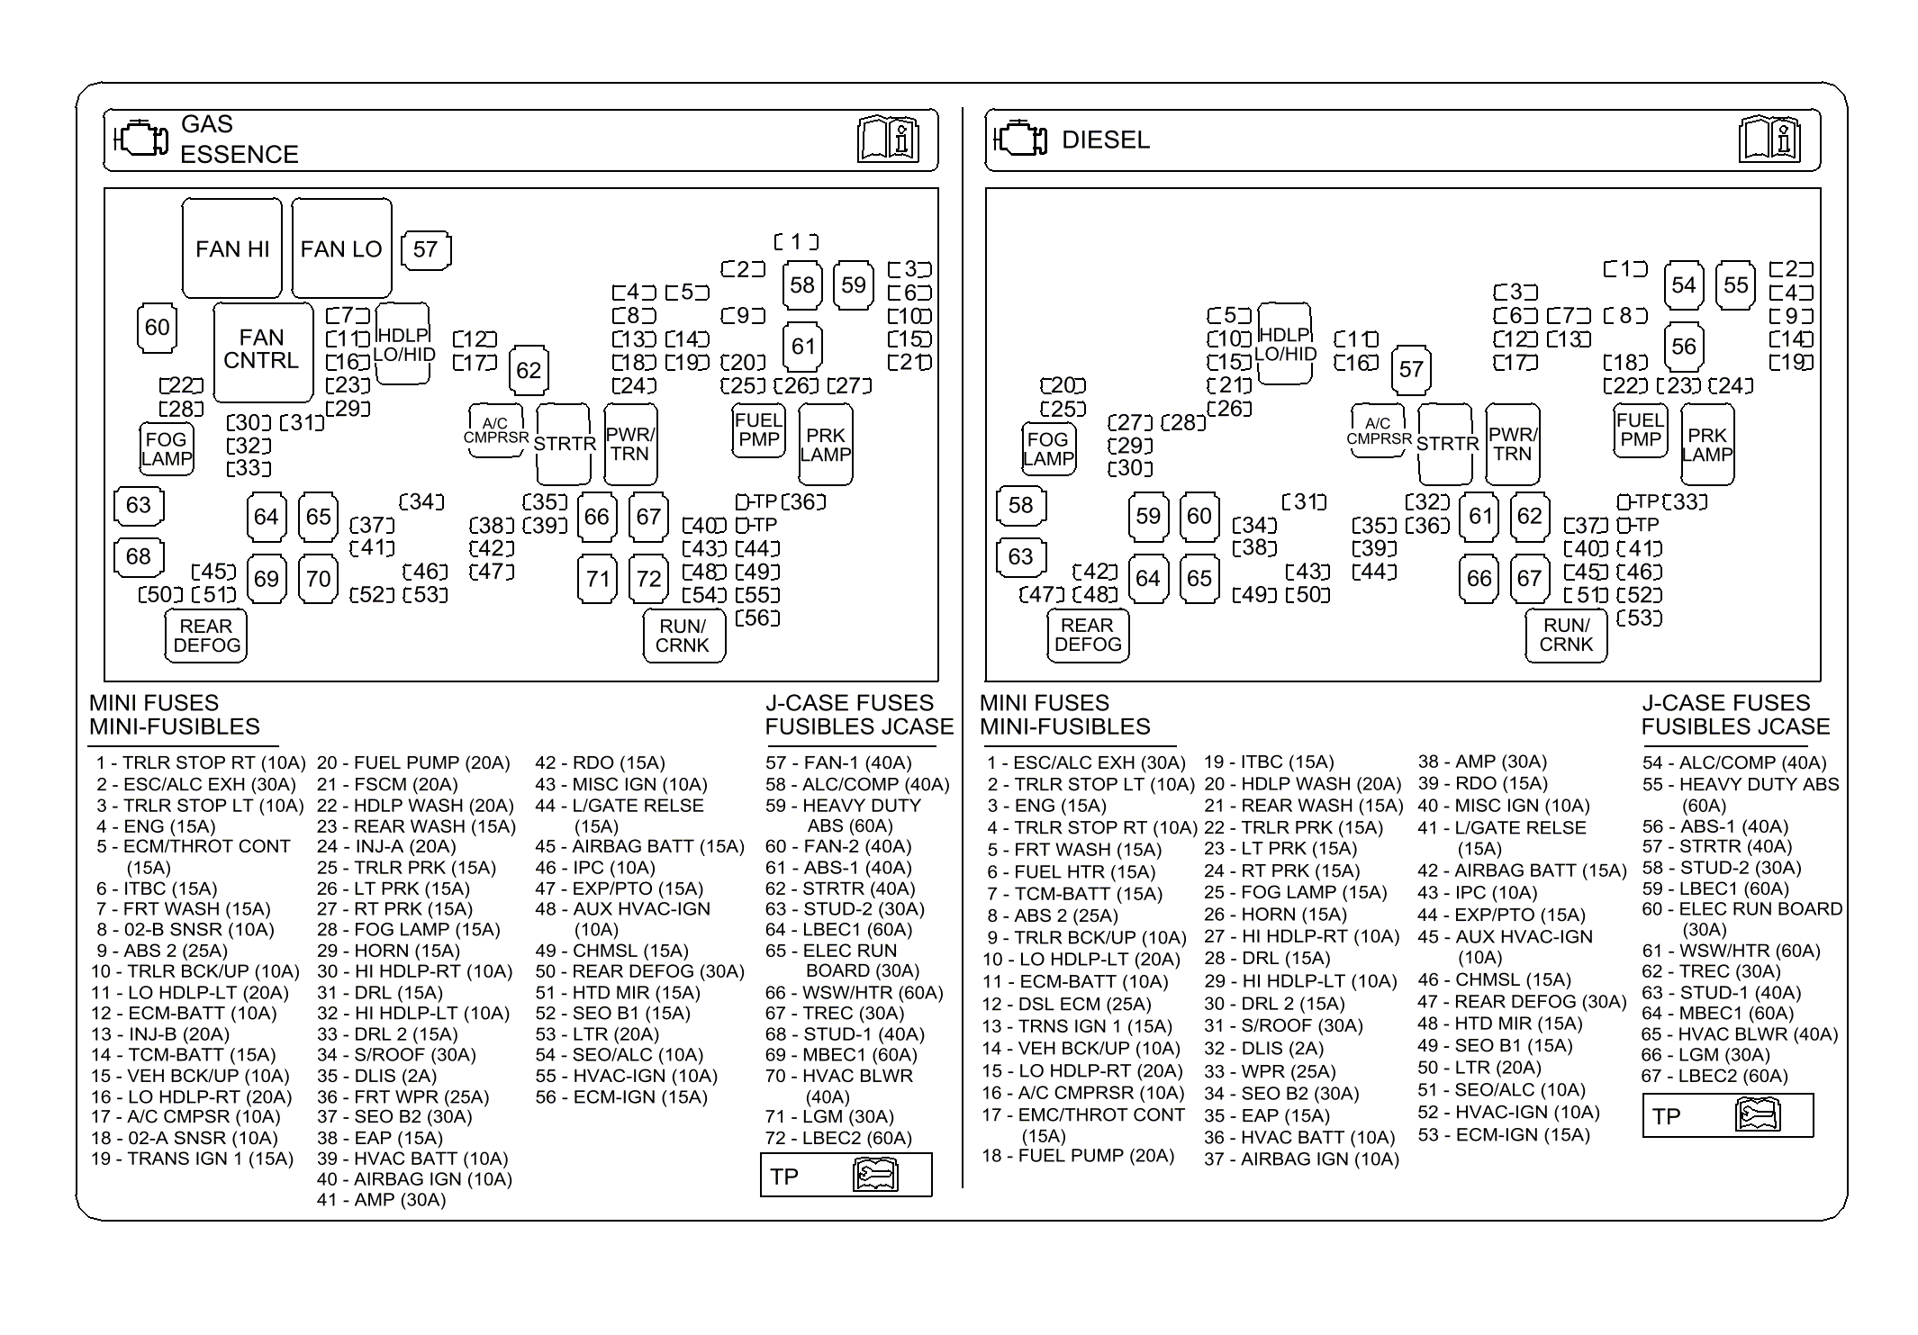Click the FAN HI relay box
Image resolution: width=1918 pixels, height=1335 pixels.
click(231, 248)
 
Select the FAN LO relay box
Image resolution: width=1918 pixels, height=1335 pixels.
click(341, 248)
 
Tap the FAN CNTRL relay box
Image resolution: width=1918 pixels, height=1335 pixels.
click(262, 350)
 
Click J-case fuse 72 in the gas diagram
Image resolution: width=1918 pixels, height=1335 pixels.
click(648, 578)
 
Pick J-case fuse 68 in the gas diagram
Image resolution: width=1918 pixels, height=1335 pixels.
click(138, 556)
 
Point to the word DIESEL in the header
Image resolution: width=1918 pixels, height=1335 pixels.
click(1106, 140)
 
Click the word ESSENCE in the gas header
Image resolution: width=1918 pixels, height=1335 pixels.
click(239, 155)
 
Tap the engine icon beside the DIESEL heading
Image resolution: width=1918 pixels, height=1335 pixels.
click(1021, 140)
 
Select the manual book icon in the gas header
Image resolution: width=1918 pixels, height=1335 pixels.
click(887, 140)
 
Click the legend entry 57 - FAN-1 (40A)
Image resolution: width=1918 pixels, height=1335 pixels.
click(837, 762)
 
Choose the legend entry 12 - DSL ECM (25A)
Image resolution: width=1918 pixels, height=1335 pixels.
click(1066, 1004)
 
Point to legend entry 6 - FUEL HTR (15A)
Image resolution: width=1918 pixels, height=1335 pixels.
click(1071, 871)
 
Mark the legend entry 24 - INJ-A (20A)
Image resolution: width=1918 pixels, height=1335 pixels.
click(386, 846)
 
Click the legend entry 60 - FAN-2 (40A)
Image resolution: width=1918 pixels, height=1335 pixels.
click(837, 846)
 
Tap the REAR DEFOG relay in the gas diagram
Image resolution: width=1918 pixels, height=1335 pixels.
click(206, 636)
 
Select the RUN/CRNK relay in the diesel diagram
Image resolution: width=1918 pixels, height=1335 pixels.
click(1566, 635)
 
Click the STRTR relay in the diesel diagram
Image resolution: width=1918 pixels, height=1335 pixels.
click(1447, 444)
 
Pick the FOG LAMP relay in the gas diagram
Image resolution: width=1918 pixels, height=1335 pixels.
click(167, 448)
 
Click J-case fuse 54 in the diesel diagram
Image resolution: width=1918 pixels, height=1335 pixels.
click(1683, 285)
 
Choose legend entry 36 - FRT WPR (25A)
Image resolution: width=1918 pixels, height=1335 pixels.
click(403, 1096)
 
